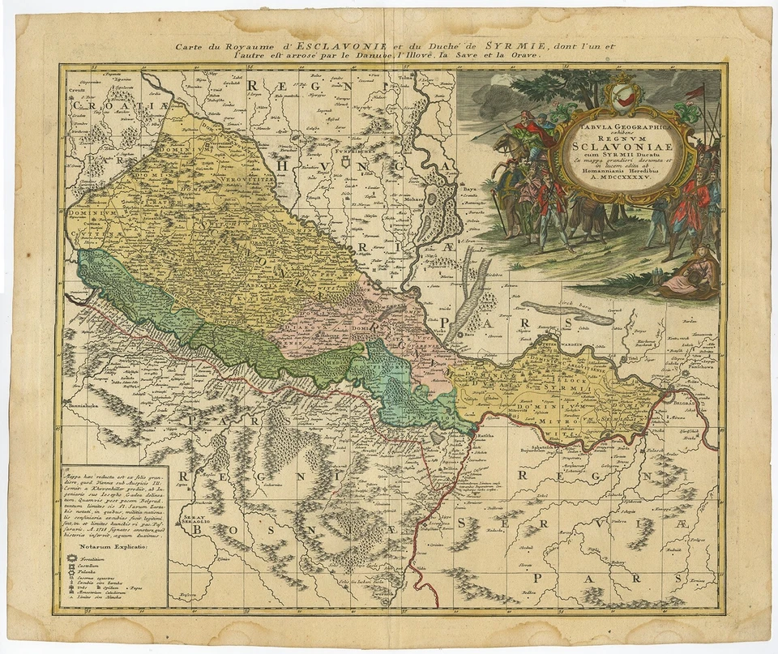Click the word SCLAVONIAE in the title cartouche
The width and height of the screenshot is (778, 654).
tap(621, 147)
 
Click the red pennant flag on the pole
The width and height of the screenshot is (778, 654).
tap(695, 92)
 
